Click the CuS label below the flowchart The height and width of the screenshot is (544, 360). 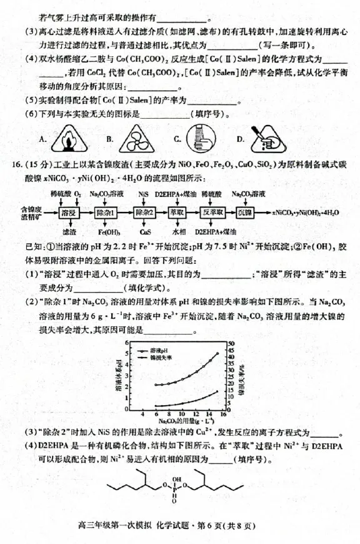tap(145, 232)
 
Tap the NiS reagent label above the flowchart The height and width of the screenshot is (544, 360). tap(144, 194)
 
